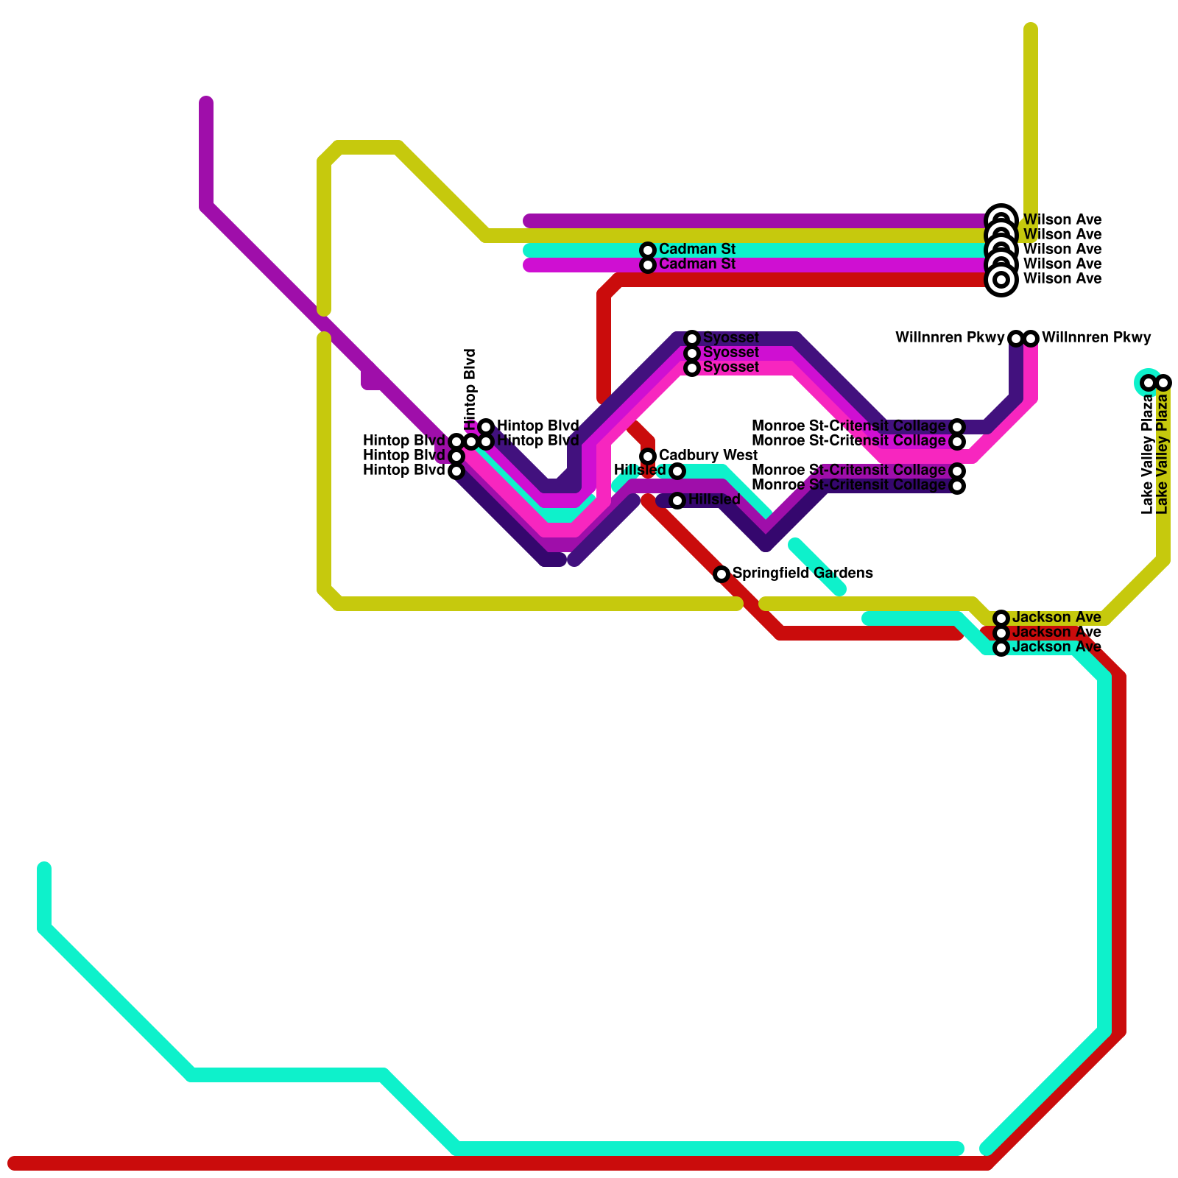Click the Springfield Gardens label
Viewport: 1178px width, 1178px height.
click(x=803, y=574)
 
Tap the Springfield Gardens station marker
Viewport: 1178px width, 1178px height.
click(x=722, y=574)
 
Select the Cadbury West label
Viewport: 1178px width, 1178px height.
click(x=708, y=456)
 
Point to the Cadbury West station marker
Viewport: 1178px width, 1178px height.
click(x=648, y=456)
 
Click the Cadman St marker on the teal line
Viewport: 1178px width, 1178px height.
click(x=648, y=250)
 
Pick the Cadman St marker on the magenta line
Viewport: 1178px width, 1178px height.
click(x=648, y=265)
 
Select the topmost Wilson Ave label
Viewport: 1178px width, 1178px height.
click(x=1062, y=220)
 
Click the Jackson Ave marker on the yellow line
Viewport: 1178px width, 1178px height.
click(x=1001, y=618)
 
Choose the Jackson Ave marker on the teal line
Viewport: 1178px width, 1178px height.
click(x=1001, y=648)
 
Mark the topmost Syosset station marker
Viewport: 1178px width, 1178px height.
click(x=692, y=339)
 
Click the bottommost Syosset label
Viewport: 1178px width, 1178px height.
click(x=730, y=367)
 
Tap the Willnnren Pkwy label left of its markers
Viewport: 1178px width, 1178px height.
click(x=950, y=338)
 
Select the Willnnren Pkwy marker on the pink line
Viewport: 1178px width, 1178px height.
click(x=1031, y=339)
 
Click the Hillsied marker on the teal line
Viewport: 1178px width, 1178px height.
click(x=677, y=471)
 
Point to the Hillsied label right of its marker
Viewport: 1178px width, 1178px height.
click(x=714, y=500)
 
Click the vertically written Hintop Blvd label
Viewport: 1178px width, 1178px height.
click(x=471, y=390)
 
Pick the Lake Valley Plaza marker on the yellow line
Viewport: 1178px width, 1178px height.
click(x=1163, y=383)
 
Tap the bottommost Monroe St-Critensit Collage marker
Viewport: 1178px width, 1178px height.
click(x=957, y=486)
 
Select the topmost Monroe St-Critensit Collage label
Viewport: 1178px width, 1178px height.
click(x=848, y=426)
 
